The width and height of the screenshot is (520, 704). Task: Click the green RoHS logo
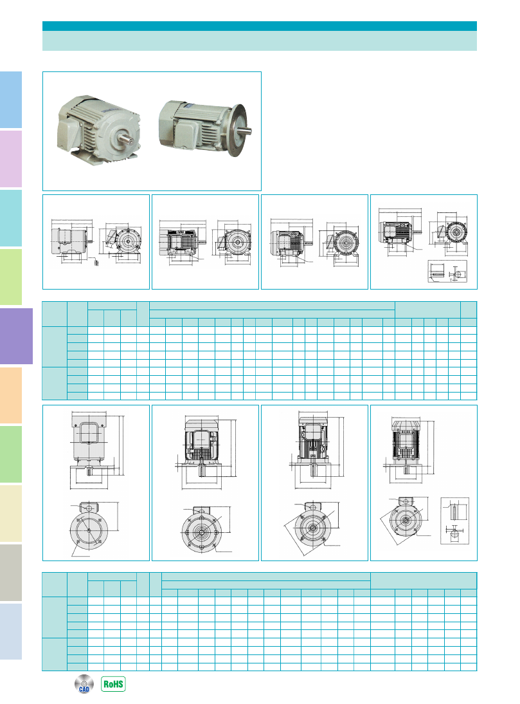[x=113, y=684]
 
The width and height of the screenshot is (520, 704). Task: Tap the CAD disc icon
[x=84, y=684]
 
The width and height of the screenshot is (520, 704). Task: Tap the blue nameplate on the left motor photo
[x=104, y=109]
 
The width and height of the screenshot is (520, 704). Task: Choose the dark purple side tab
[x=16, y=336]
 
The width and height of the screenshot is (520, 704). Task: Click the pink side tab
[x=11, y=158]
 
